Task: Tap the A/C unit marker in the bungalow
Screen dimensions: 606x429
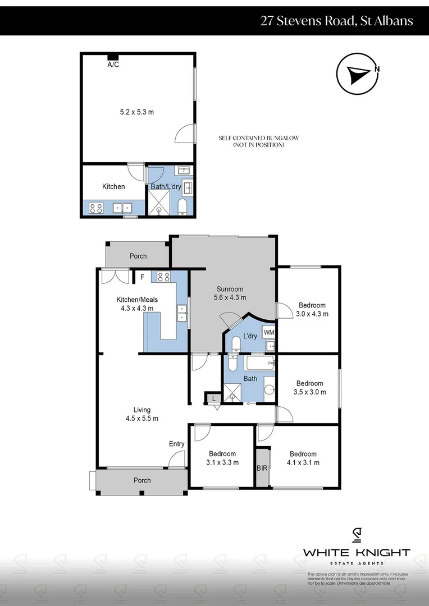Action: click(113, 57)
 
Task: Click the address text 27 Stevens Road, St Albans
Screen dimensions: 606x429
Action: click(336, 21)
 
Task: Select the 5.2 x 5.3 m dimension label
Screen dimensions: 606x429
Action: click(137, 112)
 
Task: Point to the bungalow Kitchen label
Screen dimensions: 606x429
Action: click(113, 186)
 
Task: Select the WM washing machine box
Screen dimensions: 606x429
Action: click(269, 332)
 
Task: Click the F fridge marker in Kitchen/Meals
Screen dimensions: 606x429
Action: click(142, 277)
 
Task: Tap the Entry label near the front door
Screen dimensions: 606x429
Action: click(176, 444)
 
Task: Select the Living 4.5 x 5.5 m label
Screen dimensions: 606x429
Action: click(142, 414)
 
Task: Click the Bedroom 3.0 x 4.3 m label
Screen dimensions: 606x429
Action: click(312, 309)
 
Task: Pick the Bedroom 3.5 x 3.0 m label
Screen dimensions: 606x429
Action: click(309, 388)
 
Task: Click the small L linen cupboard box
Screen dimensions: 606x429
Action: click(213, 398)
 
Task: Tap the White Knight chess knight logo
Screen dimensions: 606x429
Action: click(356, 536)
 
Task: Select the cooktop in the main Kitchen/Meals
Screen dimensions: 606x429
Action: click(163, 276)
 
